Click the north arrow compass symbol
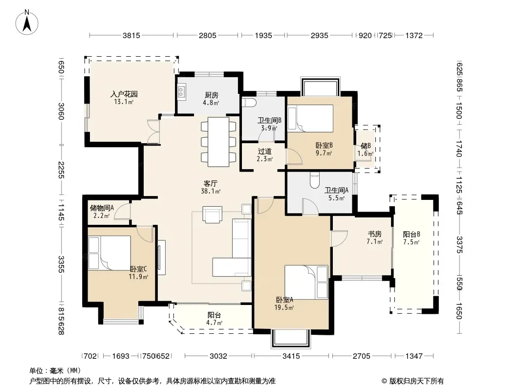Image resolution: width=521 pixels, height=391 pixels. click(x=27, y=22)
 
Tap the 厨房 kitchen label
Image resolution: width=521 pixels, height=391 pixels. click(x=211, y=95)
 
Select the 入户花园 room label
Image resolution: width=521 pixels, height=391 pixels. click(x=124, y=94)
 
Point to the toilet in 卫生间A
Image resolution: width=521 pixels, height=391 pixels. click(x=314, y=180)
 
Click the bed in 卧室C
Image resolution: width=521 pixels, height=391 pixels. click(x=109, y=253)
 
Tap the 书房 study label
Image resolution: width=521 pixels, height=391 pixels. click(x=374, y=234)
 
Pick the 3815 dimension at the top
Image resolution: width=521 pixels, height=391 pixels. click(x=131, y=35)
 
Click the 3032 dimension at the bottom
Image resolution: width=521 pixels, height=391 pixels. click(x=218, y=356)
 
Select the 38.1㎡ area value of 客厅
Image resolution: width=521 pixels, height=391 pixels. click(x=211, y=192)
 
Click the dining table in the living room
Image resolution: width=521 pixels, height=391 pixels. click(x=218, y=142)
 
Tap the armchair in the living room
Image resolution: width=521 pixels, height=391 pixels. click(x=212, y=215)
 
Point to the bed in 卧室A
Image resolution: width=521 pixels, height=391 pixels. click(x=306, y=282)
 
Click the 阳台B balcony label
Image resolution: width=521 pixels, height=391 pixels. click(x=412, y=235)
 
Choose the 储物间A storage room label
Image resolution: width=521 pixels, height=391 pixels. click(x=102, y=208)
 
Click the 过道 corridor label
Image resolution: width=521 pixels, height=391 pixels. click(x=264, y=152)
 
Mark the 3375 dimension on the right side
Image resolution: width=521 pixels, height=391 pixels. click(x=459, y=244)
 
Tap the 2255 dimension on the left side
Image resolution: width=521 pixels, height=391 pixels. click(x=61, y=170)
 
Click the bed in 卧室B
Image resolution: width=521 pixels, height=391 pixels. click(x=310, y=118)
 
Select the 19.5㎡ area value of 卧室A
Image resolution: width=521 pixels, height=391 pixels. click(x=284, y=307)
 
